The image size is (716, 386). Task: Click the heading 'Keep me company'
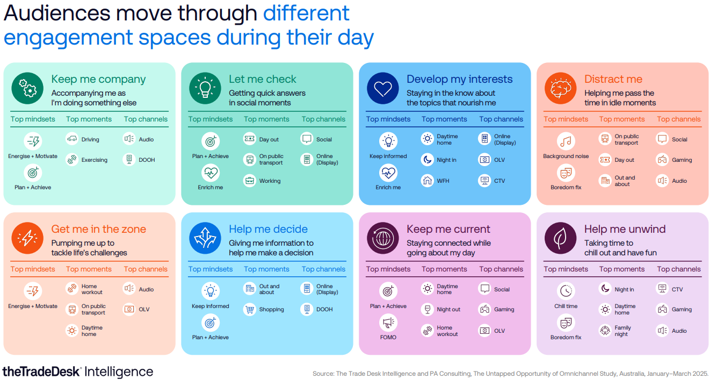98,80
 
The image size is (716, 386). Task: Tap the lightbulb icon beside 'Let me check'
205,88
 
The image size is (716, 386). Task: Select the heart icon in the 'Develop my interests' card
382,88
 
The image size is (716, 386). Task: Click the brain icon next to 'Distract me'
560,88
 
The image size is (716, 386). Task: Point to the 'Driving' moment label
90,139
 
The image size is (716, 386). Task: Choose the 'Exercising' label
95,160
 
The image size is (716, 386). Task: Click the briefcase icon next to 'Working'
250,181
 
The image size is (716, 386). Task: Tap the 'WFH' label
443,181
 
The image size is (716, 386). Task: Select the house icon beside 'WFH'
428,181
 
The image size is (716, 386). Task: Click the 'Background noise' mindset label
566,156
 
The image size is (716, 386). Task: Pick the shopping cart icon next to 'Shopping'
250,309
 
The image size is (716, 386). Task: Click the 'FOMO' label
388,337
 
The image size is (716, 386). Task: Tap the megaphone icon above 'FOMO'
388,323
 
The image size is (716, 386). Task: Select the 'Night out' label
449,309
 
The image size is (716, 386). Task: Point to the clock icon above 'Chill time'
566,291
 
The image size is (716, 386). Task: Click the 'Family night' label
623,331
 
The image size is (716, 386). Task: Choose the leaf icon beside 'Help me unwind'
560,238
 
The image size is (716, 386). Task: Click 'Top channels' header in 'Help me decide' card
323,269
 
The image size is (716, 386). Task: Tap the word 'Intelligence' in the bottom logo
119,372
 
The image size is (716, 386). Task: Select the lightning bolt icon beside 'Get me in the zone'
27,238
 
